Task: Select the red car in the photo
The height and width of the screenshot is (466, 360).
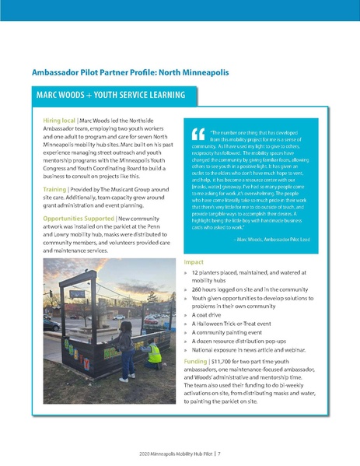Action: click(151, 319)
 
